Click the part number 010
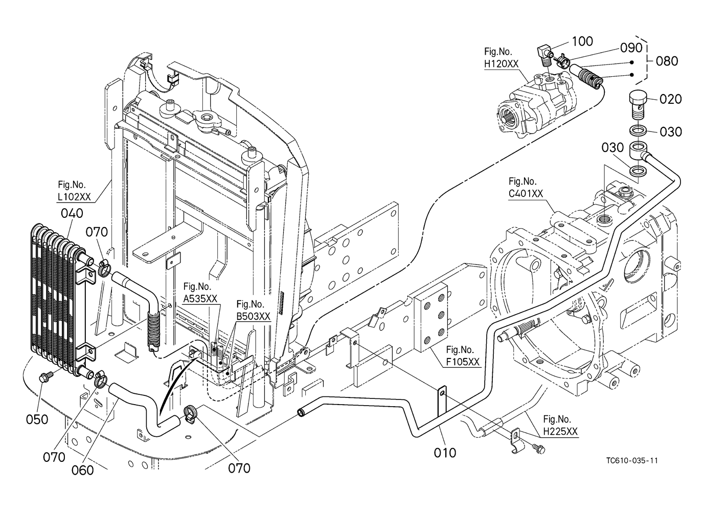pyautogui.click(x=445, y=452)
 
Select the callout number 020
pyautogui.click(x=671, y=99)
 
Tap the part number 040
pyautogui.click(x=72, y=213)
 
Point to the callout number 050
pyautogui.click(x=37, y=419)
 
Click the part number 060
pyautogui.click(x=82, y=469)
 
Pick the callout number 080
pyautogui.click(x=667, y=61)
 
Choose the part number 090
pyautogui.click(x=631, y=48)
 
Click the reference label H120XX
pyautogui.click(x=501, y=63)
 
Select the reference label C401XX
pyautogui.click(x=526, y=193)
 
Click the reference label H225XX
pyautogui.click(x=560, y=431)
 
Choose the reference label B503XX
pyautogui.click(x=253, y=317)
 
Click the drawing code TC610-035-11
pyautogui.click(x=632, y=460)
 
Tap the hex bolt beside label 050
pyautogui.click(x=45, y=378)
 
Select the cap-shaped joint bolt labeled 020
pyautogui.click(x=636, y=100)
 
